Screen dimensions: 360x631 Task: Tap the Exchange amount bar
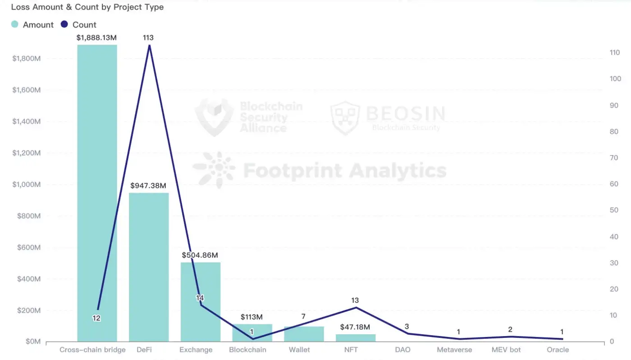point(201,301)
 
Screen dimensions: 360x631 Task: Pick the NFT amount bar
point(355,337)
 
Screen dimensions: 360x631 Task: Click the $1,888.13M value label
point(97,38)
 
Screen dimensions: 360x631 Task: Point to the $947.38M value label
point(148,186)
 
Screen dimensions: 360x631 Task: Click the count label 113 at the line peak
point(148,38)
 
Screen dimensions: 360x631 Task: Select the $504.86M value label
point(200,255)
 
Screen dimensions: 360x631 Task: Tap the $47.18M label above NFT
point(355,327)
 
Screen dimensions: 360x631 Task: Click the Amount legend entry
point(32,25)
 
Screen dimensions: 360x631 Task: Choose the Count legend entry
point(79,25)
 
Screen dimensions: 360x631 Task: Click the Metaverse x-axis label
point(454,350)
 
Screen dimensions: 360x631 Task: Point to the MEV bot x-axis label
point(506,350)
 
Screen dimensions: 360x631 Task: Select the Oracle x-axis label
point(558,350)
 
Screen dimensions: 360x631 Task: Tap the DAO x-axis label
point(402,350)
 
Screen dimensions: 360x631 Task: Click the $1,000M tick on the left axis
point(27,185)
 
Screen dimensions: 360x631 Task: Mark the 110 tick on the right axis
point(615,53)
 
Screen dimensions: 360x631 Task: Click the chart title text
point(87,7)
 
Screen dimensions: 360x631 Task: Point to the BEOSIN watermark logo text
point(405,113)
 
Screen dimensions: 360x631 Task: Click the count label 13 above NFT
point(355,301)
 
